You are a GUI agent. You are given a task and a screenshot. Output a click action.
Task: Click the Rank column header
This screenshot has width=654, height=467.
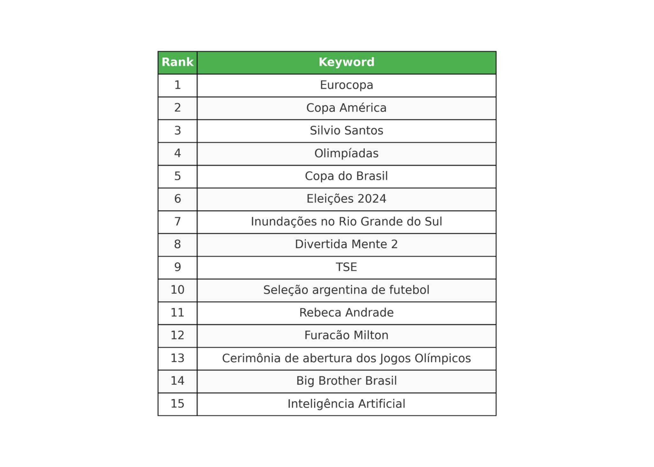(x=177, y=62)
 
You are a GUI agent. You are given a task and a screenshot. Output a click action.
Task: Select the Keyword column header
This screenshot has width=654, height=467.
(x=346, y=62)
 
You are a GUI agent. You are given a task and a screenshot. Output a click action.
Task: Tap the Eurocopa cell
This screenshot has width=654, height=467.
(x=346, y=85)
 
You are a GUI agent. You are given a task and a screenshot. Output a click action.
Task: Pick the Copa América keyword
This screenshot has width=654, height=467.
(x=346, y=108)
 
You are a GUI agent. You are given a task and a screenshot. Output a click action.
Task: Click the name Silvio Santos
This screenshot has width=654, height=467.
(x=346, y=130)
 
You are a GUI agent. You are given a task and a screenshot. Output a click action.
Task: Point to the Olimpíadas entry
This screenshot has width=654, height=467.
(x=346, y=153)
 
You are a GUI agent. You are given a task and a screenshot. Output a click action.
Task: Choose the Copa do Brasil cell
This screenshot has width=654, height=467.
(x=346, y=176)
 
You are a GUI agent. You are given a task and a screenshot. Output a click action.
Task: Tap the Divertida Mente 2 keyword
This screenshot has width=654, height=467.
(x=346, y=244)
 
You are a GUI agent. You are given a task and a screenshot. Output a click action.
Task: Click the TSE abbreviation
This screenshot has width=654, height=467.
(x=346, y=267)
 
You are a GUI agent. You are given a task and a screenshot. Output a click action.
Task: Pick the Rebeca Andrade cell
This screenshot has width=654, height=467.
(x=346, y=313)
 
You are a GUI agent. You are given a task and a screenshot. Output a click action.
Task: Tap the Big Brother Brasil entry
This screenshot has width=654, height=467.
(x=346, y=381)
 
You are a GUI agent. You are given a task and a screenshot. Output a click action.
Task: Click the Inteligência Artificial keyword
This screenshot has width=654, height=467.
(x=346, y=404)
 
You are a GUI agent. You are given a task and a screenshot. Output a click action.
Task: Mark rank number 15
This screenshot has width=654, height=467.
(x=177, y=404)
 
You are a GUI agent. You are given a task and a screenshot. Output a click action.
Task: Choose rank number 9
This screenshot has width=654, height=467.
(x=177, y=267)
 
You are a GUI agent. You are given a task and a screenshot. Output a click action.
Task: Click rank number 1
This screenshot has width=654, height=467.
(x=177, y=85)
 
